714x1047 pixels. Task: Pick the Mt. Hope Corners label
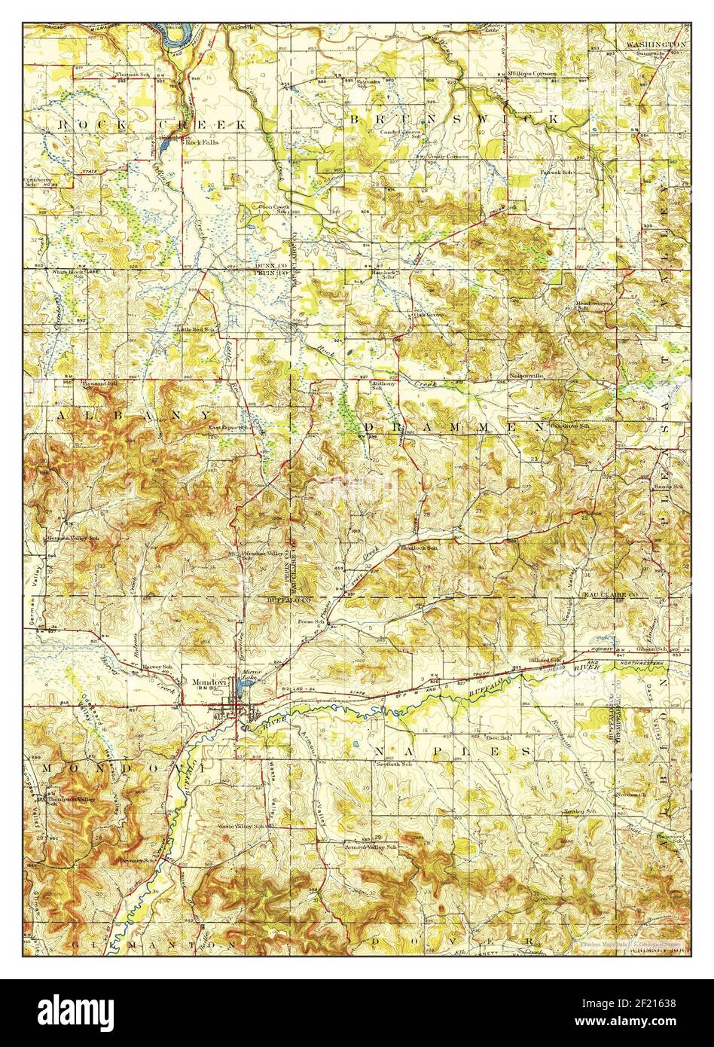click(532, 74)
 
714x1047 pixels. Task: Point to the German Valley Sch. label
click(73, 539)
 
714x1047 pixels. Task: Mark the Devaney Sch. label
click(136, 860)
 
